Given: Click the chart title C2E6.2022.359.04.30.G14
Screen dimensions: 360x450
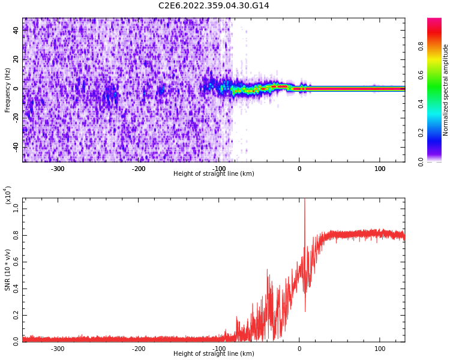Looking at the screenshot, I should click(214, 6).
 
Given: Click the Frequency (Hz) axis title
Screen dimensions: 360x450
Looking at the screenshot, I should click(8, 90).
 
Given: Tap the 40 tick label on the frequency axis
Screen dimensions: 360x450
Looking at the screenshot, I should click(17, 31).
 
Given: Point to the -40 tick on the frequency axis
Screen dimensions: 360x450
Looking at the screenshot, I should click(17, 146).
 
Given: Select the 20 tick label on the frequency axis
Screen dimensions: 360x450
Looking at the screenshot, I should click(17, 59).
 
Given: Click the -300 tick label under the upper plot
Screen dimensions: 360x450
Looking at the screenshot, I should click(58, 169).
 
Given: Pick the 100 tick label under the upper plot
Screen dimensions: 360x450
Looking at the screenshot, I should click(380, 169).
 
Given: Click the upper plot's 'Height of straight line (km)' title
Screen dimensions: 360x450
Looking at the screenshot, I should click(214, 174).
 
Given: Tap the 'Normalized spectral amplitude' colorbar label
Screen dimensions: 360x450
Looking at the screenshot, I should click(446, 90).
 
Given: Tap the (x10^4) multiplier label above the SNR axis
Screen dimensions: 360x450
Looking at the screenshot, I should click(8, 195).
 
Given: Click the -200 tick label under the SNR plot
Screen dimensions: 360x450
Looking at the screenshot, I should click(139, 349).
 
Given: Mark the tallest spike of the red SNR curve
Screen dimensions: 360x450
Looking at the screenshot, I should click(304, 200).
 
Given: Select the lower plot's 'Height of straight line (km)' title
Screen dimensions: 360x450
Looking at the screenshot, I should click(214, 354).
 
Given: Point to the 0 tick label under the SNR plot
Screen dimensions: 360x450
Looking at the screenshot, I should click(299, 349).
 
